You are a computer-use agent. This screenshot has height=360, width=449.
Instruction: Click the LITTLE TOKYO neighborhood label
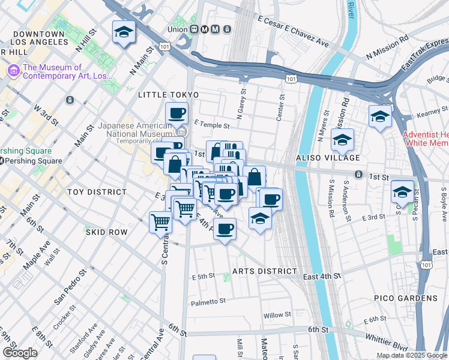[x=167, y=95]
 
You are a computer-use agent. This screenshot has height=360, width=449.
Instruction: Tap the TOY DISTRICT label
[x=97, y=192]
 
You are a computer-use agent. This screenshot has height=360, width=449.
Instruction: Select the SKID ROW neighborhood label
[x=106, y=232]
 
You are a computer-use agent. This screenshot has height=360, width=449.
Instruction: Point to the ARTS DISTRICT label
[x=261, y=271]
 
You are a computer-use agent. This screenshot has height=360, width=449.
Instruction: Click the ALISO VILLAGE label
[x=327, y=158]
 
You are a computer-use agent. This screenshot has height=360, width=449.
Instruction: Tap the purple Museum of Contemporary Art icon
[x=13, y=71]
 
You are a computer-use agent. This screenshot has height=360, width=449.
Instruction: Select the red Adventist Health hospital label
[x=425, y=139]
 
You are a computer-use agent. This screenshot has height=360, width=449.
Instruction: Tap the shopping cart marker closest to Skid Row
[x=160, y=222]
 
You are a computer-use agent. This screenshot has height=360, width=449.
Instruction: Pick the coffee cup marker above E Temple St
[x=177, y=113]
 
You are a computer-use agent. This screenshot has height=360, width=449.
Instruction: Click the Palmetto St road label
[x=208, y=302]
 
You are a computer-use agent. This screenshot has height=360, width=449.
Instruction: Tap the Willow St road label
[x=277, y=314]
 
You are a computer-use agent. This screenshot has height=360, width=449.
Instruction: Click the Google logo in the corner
[x=20, y=353]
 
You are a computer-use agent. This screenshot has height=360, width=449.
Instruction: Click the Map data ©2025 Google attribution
[x=412, y=355]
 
